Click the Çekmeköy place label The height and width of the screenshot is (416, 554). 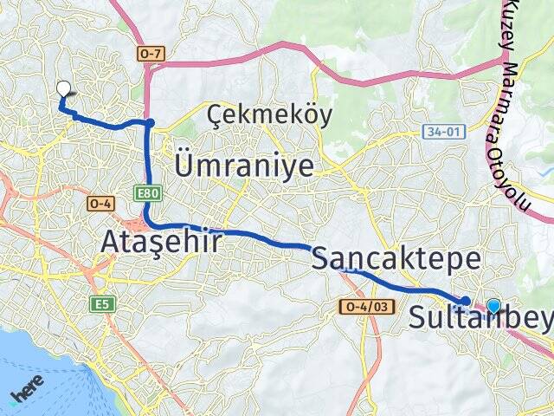[269, 115]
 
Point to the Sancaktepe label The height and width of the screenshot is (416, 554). [396, 258]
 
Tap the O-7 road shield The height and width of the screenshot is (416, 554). [151, 54]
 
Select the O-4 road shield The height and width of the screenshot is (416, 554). [97, 204]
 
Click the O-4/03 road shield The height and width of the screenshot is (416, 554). [368, 307]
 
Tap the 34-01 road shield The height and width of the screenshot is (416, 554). [436, 132]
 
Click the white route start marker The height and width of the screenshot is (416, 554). [63, 88]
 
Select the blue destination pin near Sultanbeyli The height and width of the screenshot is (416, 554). [493, 305]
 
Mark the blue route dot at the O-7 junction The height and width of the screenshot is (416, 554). [150, 123]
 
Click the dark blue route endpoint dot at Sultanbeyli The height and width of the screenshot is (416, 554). [466, 301]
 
